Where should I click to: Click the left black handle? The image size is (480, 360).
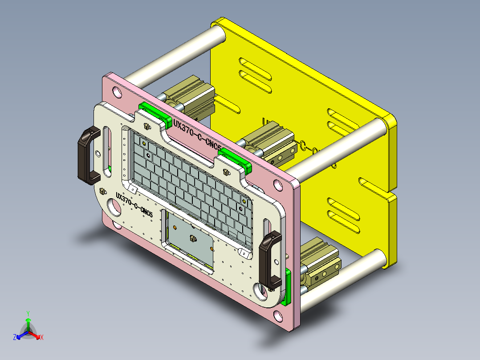tap(88, 155)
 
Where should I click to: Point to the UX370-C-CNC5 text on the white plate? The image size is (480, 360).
tap(134, 205)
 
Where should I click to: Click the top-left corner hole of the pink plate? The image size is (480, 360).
tap(117, 92)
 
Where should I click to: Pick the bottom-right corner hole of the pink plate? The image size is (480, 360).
tap(279, 316)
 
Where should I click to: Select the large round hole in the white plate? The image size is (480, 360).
tap(114, 207)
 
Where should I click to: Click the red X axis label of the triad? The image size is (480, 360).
tap(42, 338)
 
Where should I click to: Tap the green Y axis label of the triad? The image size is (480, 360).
tap(28, 313)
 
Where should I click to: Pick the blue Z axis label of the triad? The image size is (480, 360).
tap(15, 338)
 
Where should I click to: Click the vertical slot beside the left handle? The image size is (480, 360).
tap(107, 143)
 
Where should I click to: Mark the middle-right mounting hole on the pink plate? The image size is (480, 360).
tap(277, 184)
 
